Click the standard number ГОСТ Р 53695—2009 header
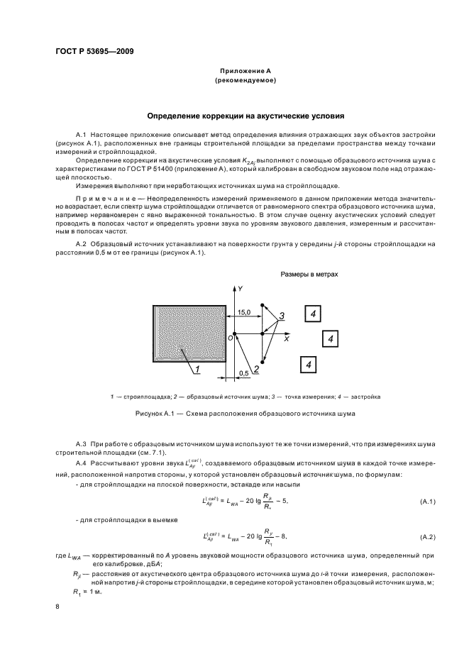pyautogui.click(x=94, y=52)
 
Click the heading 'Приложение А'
pyautogui.click(x=245, y=72)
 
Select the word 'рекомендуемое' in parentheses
pyautogui.click(x=245, y=82)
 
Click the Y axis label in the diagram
pyautogui.click(x=241, y=289)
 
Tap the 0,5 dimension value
pyautogui.click(x=244, y=372)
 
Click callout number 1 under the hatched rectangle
pyautogui.click(x=198, y=368)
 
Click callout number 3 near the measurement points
pyautogui.click(x=281, y=315)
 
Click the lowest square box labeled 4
pyautogui.click(x=309, y=365)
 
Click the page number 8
pyautogui.click(x=57, y=607)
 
